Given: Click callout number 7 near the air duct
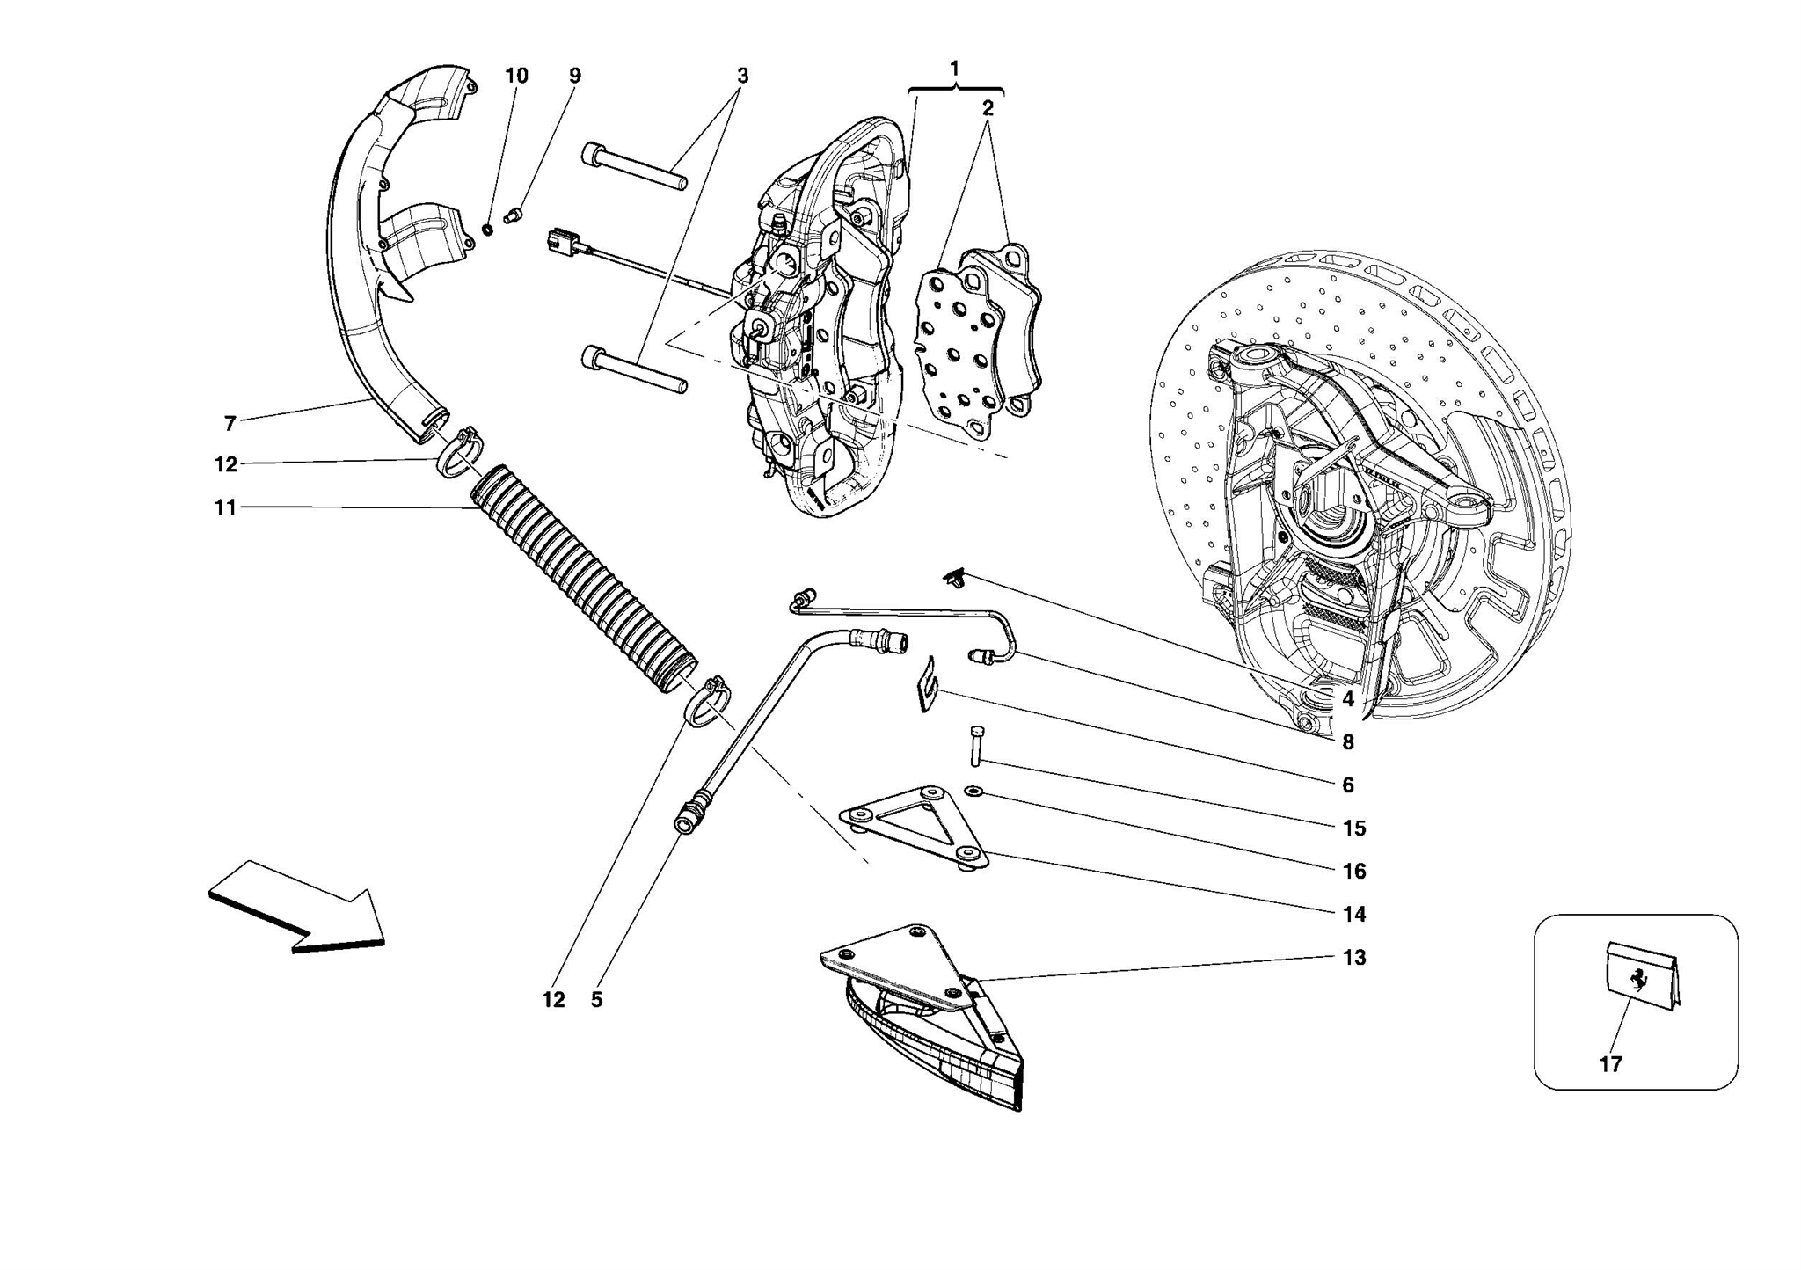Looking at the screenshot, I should click(230, 424).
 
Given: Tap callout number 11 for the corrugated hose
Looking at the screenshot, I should click(225, 507).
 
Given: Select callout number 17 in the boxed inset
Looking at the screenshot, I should click(1609, 1064).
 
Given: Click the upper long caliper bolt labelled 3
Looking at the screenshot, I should click(633, 166).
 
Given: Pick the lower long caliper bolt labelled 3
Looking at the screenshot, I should click(633, 369).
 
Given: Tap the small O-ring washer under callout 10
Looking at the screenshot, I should click(487, 230).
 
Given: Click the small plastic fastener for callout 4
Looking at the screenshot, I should click(956, 579).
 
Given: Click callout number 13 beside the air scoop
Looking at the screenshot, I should click(1354, 958).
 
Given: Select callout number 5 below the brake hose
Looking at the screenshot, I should click(596, 1000).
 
